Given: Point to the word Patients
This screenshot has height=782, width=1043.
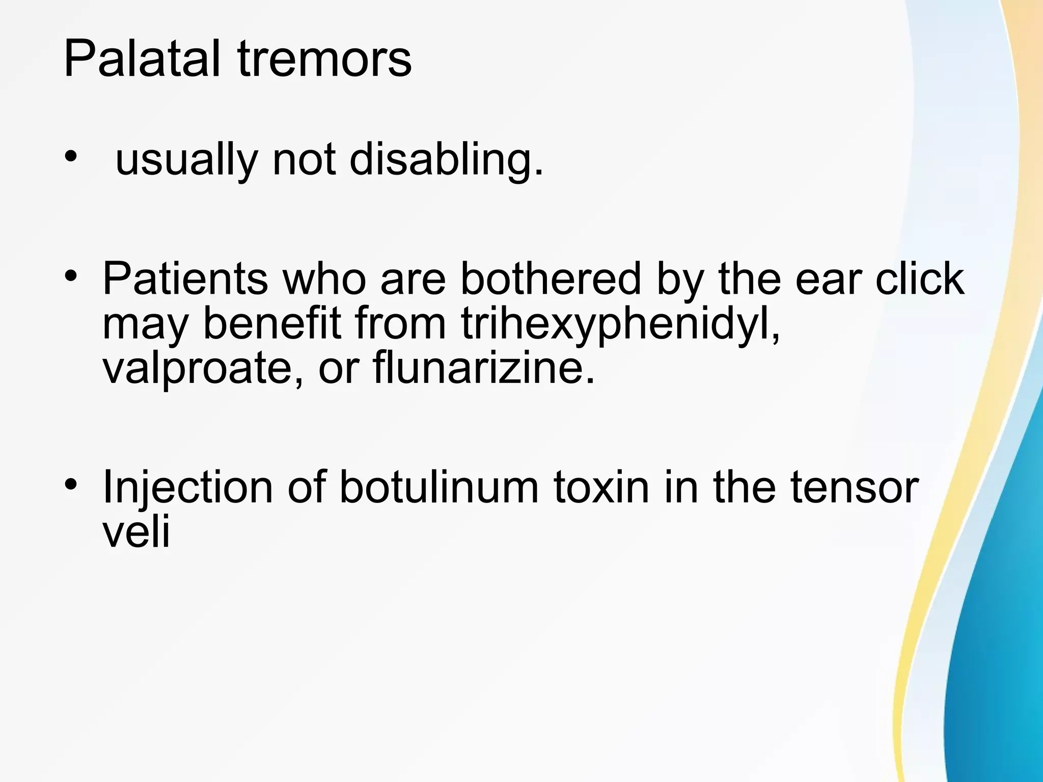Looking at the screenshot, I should click(185, 278).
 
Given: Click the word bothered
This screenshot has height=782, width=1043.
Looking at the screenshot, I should click(551, 278).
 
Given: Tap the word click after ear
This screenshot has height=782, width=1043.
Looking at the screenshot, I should click(920, 278).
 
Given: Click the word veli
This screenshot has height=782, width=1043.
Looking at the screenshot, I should click(136, 532).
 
